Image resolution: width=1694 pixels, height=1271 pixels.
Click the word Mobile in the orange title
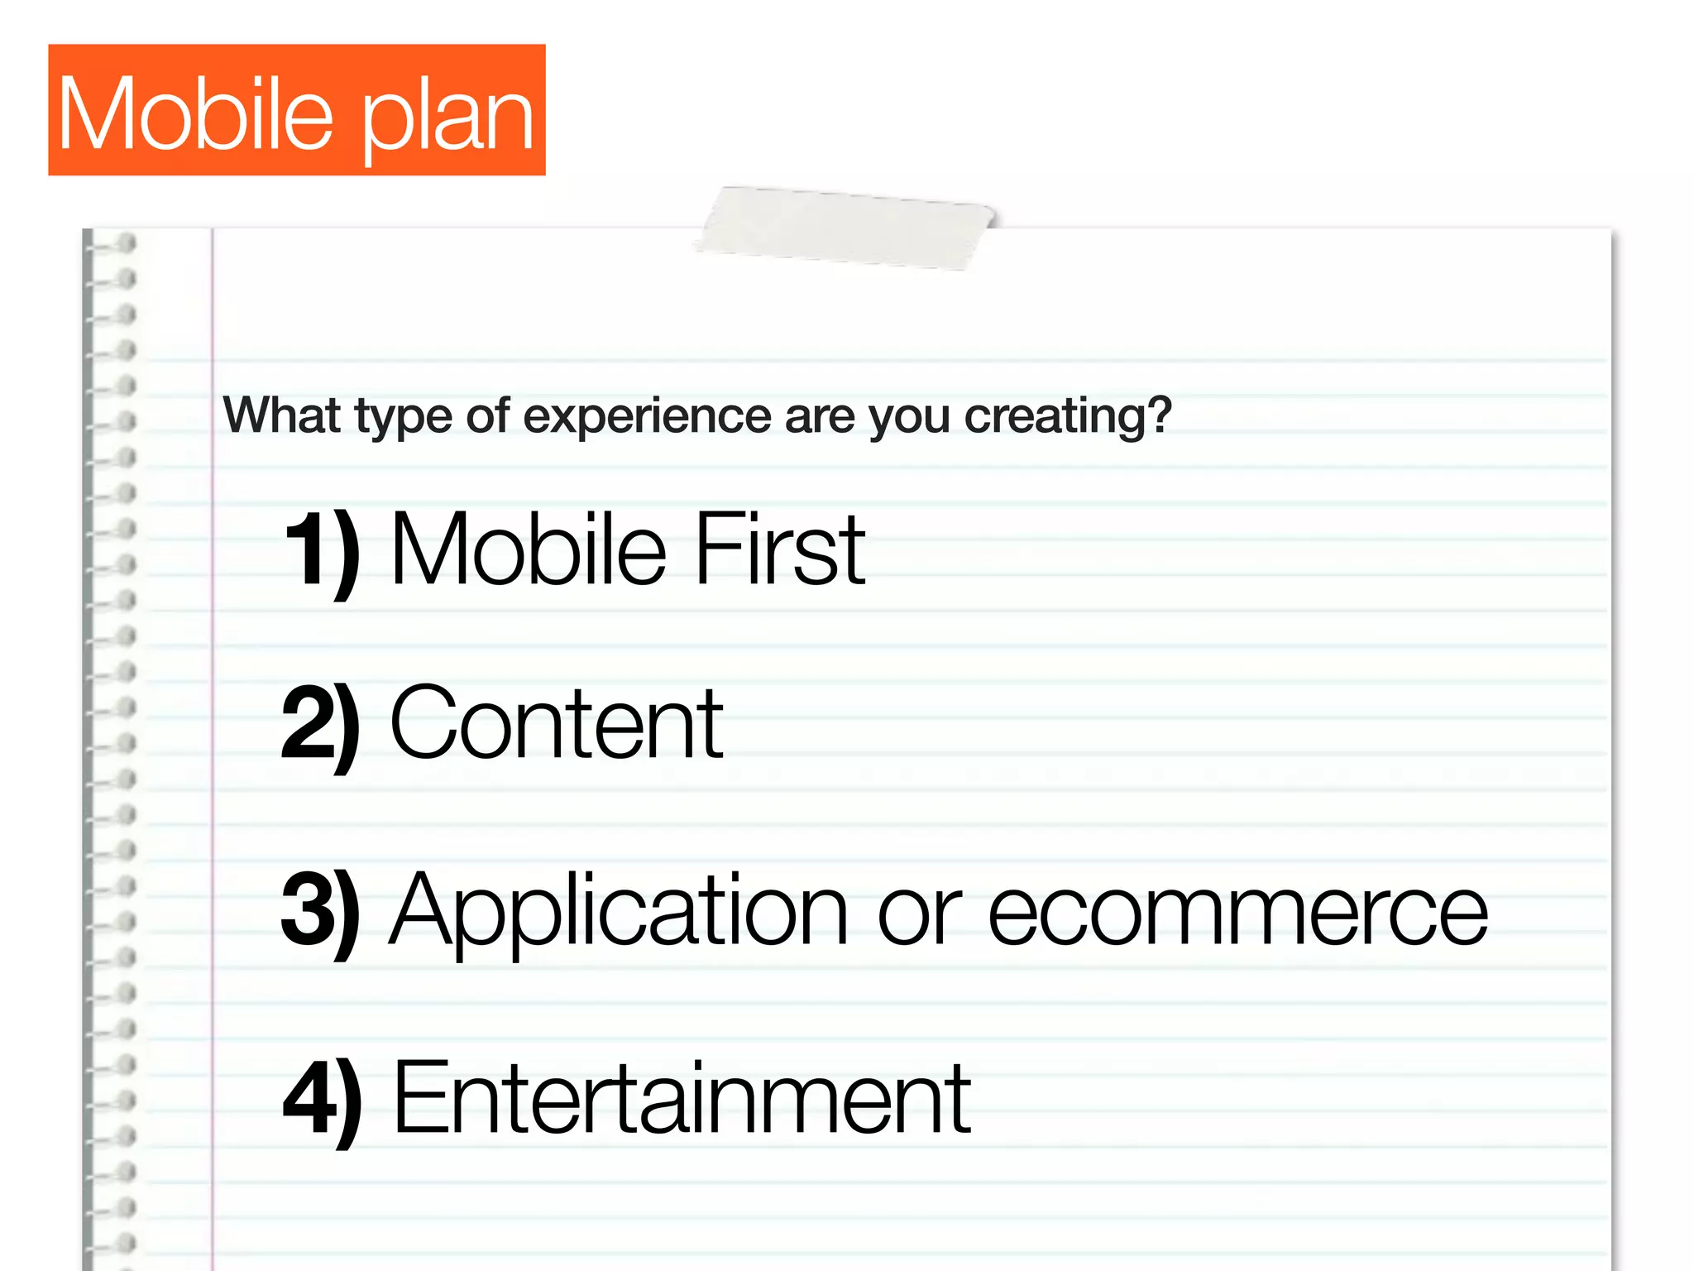pos(195,113)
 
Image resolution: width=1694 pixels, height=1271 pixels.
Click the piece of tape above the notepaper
pos(845,228)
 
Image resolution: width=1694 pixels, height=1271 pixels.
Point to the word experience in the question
pos(647,416)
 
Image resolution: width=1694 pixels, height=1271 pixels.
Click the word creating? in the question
pos(1068,416)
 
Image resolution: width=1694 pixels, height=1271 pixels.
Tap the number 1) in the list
pos(322,549)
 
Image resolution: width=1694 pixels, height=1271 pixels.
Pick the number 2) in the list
pos(321,725)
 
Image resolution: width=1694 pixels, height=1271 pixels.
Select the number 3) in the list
pos(321,911)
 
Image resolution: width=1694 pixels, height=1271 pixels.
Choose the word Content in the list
pos(557,723)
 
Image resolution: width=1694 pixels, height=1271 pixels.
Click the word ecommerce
pos(1238,913)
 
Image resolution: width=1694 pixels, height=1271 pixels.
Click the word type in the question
pos(403,418)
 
